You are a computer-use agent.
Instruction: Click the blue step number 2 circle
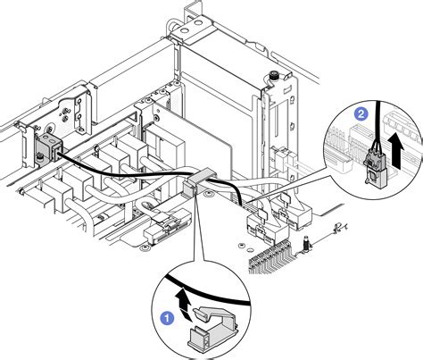tap(361, 114)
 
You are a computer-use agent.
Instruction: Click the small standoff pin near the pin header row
tap(306, 242)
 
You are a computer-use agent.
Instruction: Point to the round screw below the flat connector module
tap(147, 241)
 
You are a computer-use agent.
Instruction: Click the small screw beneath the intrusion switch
tap(40, 160)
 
